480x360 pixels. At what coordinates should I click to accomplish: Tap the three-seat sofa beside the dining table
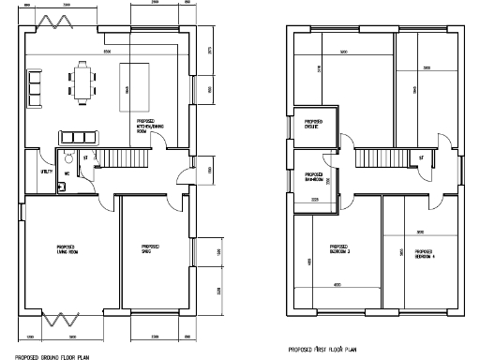tap(37, 87)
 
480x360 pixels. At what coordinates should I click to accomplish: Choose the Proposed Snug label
tap(147, 249)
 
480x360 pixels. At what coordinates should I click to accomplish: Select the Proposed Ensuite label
tap(307, 125)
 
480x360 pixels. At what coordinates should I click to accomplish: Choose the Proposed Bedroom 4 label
tap(423, 253)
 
